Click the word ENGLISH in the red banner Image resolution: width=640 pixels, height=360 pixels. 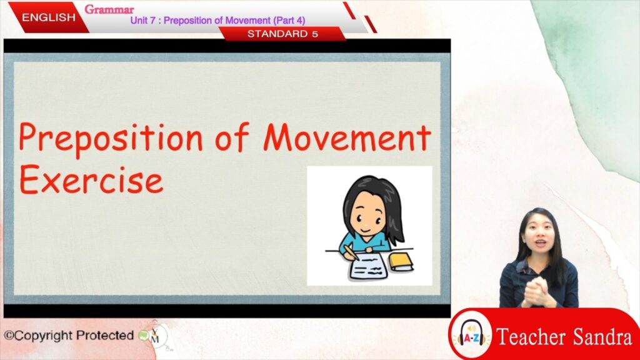[x=49, y=17]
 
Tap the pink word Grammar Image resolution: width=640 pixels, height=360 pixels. [x=109, y=9]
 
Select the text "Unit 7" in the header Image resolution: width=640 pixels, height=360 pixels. [x=143, y=21]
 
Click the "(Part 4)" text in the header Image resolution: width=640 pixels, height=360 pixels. [x=289, y=21]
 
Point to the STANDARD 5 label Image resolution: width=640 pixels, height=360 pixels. [x=282, y=34]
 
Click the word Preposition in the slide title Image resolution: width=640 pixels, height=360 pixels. [x=111, y=139]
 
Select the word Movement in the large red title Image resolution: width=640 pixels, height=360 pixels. [x=347, y=137]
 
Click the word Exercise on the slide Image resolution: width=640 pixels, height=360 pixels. [x=91, y=179]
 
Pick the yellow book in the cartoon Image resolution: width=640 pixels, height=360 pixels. [x=401, y=262]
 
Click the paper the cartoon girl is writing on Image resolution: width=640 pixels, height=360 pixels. [x=369, y=267]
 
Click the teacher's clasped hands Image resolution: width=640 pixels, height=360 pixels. [x=537, y=291]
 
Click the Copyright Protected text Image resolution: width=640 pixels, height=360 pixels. [x=69, y=336]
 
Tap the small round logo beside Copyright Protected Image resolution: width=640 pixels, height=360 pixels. [x=155, y=336]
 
